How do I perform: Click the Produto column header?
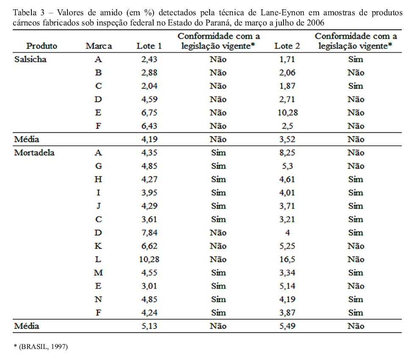pyautogui.click(x=42, y=46)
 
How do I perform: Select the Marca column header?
pyautogui.click(x=99, y=46)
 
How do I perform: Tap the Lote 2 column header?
pyautogui.click(x=287, y=46)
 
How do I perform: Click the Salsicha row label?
pyautogui.click(x=30, y=59)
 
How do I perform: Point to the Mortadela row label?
pyautogui.click(x=34, y=153)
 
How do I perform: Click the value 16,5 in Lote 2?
pyautogui.click(x=287, y=259)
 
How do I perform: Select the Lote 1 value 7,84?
pyautogui.click(x=149, y=233)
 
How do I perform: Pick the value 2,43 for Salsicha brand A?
pyautogui.click(x=149, y=59)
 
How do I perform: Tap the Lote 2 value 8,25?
pyautogui.click(x=287, y=153)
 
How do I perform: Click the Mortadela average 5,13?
pyautogui.click(x=149, y=326)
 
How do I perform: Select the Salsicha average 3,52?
pyautogui.click(x=287, y=139)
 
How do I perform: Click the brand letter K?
pyautogui.click(x=98, y=246)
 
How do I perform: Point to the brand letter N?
pyautogui.click(x=98, y=299)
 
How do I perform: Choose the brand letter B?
pyautogui.click(x=98, y=73)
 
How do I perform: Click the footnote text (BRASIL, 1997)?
pyautogui.click(x=43, y=347)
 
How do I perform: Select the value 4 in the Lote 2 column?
pyautogui.click(x=287, y=233)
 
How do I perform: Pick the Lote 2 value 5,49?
pyautogui.click(x=287, y=326)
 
